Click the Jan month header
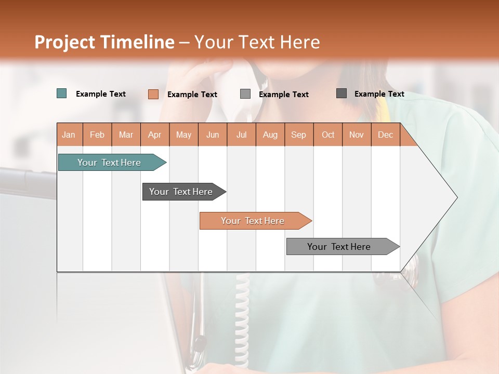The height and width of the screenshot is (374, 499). coord(69,135)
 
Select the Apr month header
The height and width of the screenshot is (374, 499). coord(155,135)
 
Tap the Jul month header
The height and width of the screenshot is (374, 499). coord(241,135)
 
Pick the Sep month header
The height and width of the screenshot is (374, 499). coord(298,135)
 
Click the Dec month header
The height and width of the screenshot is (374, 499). coord(385,135)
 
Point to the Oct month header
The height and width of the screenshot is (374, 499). coord(328,135)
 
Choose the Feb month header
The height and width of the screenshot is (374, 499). coord(97,135)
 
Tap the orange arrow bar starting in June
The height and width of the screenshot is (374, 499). coord(253,221)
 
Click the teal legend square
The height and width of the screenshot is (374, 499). coord(62,94)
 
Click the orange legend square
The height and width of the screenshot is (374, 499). coord(153,94)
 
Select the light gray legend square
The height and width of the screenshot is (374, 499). coord(245,94)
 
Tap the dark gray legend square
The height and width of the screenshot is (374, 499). coord(342,94)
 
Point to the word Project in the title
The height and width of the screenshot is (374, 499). coord(64,42)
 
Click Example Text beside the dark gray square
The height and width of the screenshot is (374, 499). coord(379,94)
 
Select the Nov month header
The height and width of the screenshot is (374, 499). coord(357,135)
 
